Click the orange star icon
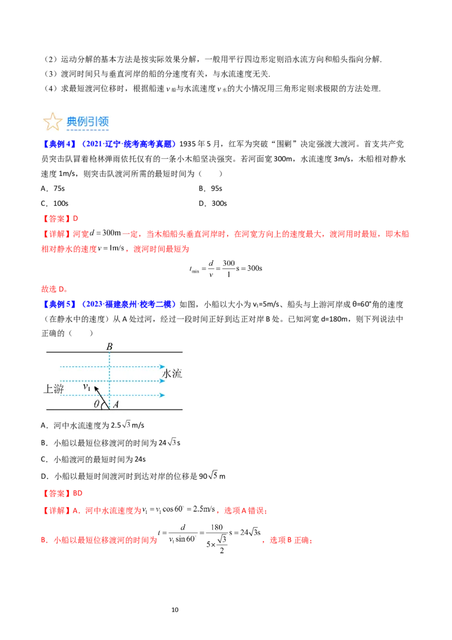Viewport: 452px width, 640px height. [52, 122]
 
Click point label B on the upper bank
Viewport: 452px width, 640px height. [110, 345]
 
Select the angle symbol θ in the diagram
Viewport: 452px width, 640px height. [96, 404]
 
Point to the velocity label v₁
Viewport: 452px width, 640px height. [87, 387]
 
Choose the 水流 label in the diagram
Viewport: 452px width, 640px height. [172, 374]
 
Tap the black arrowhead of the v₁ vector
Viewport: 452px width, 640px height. [95, 388]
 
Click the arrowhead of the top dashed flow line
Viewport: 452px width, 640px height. [162, 366]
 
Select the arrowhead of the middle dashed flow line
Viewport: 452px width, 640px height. [162, 380]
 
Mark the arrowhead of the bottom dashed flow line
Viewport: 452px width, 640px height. [162, 395]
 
